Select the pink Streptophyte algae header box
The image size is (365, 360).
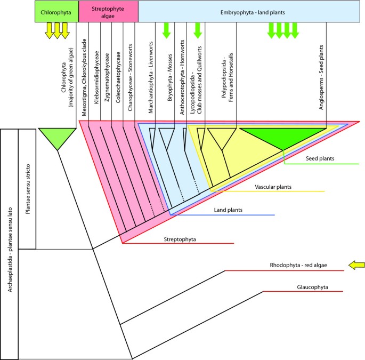(108, 11)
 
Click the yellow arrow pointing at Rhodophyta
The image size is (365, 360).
(356, 265)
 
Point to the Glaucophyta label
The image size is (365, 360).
(312, 287)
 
